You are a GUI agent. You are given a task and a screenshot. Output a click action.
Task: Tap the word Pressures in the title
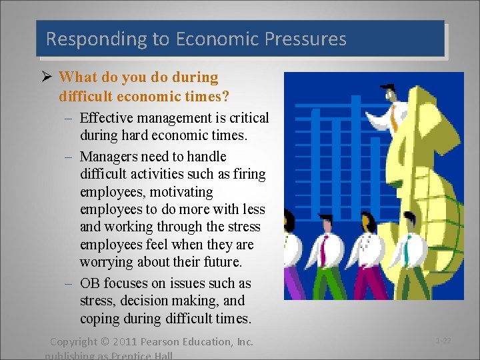point(305,39)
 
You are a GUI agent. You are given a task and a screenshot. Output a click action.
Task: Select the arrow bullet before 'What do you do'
point(49,77)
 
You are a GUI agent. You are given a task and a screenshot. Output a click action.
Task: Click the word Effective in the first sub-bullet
point(107,118)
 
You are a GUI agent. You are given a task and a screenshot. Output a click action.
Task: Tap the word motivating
point(181,192)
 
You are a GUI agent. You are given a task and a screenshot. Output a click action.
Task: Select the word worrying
point(107,263)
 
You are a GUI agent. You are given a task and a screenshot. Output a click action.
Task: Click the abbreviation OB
point(90,283)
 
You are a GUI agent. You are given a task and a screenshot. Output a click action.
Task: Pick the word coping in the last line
point(99,319)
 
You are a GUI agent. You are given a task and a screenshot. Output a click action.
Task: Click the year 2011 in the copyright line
point(125,342)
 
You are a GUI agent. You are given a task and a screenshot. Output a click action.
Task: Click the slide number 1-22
point(443,341)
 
